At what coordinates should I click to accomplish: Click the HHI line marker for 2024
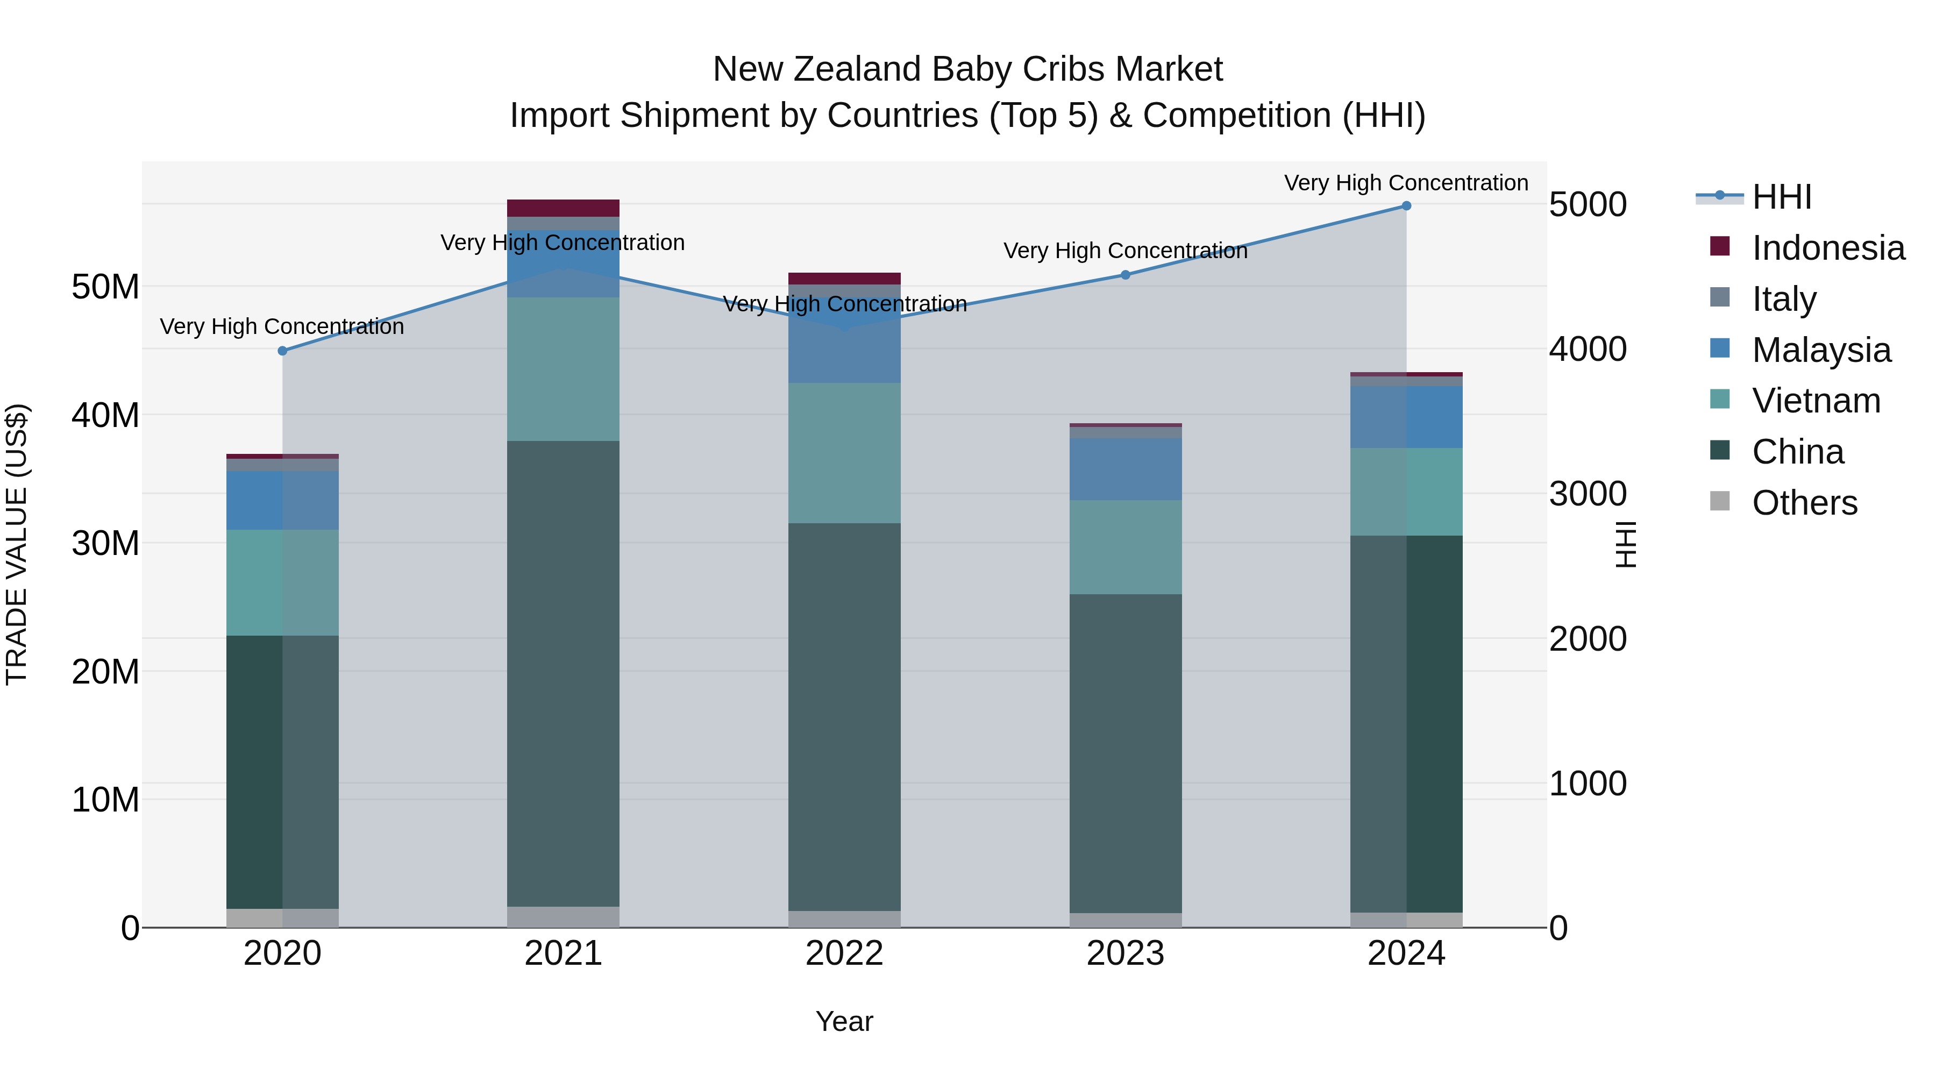click(x=1406, y=206)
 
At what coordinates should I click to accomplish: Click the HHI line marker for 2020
click(x=282, y=351)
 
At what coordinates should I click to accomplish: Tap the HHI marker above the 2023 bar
click(x=1125, y=275)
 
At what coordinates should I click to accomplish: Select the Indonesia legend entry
click(x=1828, y=248)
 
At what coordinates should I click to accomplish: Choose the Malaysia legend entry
click(x=1820, y=350)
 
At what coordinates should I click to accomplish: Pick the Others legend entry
click(x=1804, y=503)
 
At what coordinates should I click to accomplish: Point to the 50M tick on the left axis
click(x=105, y=286)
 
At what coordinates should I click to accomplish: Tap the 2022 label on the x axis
click(x=844, y=953)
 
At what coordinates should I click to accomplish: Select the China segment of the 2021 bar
click(x=563, y=673)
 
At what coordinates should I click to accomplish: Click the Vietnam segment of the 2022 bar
click(x=844, y=453)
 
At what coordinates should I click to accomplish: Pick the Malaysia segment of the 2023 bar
click(x=1125, y=469)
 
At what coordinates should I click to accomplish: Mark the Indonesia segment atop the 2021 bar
click(x=563, y=208)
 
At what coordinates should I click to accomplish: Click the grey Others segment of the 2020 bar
click(x=282, y=919)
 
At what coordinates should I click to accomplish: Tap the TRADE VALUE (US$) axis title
click(x=17, y=544)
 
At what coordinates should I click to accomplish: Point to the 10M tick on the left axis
click(x=105, y=800)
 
